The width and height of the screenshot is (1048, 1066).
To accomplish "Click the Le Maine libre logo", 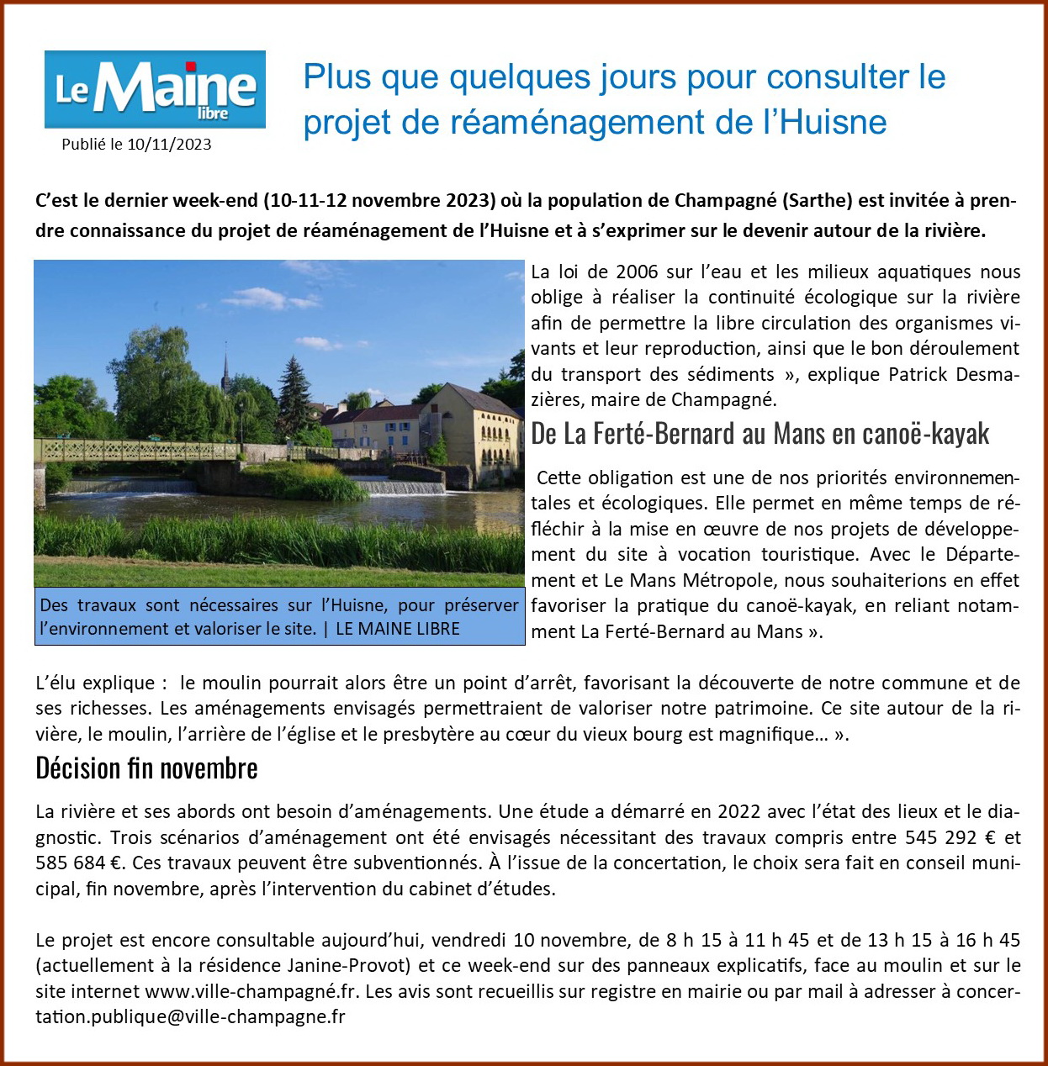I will [x=155, y=89].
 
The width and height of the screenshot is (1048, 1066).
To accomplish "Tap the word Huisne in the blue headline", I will [x=833, y=122].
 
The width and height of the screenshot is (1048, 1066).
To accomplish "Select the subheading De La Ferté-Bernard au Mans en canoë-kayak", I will [x=760, y=434].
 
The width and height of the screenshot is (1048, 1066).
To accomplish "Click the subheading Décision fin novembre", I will [x=146, y=768].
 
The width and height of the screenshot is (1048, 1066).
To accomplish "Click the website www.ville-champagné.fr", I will [x=252, y=991].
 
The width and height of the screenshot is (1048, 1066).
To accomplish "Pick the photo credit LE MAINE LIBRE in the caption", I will [x=398, y=629].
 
